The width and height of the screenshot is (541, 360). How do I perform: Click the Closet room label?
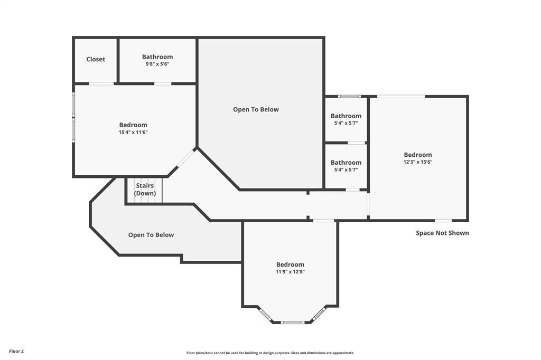click(x=96, y=59)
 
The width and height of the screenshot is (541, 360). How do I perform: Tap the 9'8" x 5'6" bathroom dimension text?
click(x=157, y=64)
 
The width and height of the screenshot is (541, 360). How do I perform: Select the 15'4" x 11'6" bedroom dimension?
click(x=133, y=132)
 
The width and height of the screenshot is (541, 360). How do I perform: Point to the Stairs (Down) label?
click(x=145, y=190)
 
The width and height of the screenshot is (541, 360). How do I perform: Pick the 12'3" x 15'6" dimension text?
click(x=417, y=162)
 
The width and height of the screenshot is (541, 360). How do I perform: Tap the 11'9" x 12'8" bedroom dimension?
click(x=290, y=272)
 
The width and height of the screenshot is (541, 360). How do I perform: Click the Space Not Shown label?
click(x=442, y=233)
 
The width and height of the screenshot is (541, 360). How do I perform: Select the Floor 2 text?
click(x=16, y=351)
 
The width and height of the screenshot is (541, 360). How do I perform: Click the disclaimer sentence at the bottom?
click(x=270, y=353)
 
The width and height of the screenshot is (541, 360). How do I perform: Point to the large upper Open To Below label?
click(x=256, y=109)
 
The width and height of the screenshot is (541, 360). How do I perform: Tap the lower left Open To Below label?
click(x=151, y=235)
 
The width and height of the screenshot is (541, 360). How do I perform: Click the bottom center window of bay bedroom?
click(x=292, y=322)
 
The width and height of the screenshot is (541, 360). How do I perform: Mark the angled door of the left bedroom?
click(x=185, y=158)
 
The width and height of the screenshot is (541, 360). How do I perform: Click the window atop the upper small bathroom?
click(x=349, y=97)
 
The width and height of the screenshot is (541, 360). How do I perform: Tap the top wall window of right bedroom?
click(x=400, y=96)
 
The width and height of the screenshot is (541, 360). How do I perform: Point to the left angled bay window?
click(x=266, y=314)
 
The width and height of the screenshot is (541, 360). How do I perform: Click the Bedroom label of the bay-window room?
click(x=290, y=264)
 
